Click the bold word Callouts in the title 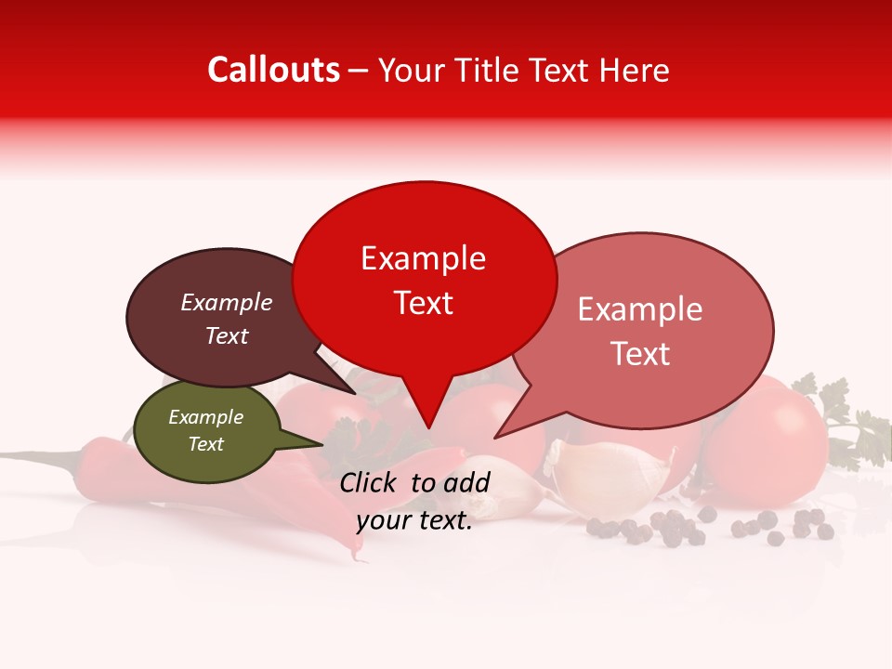click(273, 70)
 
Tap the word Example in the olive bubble click(205, 418)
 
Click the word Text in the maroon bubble click(227, 336)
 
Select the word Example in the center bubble click(423, 258)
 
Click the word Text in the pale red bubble click(640, 354)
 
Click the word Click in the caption click(369, 482)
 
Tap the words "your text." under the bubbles click(414, 521)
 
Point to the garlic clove click(609, 469)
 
